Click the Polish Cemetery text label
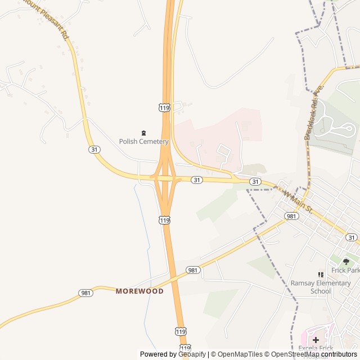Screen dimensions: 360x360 (143, 142)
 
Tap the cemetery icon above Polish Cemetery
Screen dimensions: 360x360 (143, 133)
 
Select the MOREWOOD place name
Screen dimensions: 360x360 (139, 291)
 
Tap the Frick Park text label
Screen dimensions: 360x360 (345, 271)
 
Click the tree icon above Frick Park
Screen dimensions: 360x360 (346, 262)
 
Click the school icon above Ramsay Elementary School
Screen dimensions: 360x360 (321, 274)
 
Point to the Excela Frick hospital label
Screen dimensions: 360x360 (316, 348)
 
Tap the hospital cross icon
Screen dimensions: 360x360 (316, 339)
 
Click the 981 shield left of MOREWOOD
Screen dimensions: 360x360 (85, 293)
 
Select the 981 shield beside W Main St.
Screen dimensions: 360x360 (291, 216)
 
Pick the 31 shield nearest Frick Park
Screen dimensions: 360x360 (352, 237)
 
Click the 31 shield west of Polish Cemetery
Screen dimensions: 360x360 (94, 149)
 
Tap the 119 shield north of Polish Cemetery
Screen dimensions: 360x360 (164, 107)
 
